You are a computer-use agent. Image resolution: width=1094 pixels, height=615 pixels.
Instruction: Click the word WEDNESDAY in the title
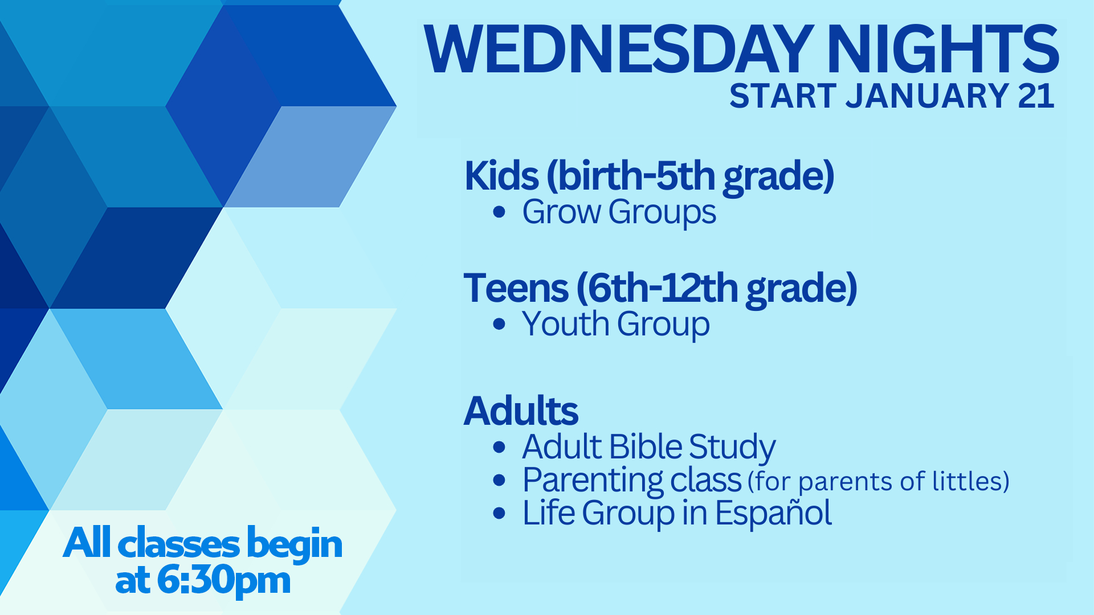[619, 50]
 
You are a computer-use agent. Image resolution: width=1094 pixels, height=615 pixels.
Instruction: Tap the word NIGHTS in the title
[944, 50]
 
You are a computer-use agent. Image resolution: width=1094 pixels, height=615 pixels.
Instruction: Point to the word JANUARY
[928, 96]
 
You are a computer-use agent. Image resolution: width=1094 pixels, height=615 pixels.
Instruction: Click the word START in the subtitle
[783, 96]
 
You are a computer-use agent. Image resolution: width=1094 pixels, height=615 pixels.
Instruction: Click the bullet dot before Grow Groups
[499, 212]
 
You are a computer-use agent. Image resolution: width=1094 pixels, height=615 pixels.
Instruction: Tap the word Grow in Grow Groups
[561, 212]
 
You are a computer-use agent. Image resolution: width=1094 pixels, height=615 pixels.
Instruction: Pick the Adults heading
[521, 411]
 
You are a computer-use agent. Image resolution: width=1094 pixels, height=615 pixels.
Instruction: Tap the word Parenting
[593, 481]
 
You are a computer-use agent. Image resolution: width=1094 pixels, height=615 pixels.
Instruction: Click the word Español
[773, 512]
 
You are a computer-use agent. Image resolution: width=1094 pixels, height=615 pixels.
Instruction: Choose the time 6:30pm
[223, 581]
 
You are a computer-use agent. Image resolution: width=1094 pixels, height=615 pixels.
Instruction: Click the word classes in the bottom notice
[178, 544]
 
